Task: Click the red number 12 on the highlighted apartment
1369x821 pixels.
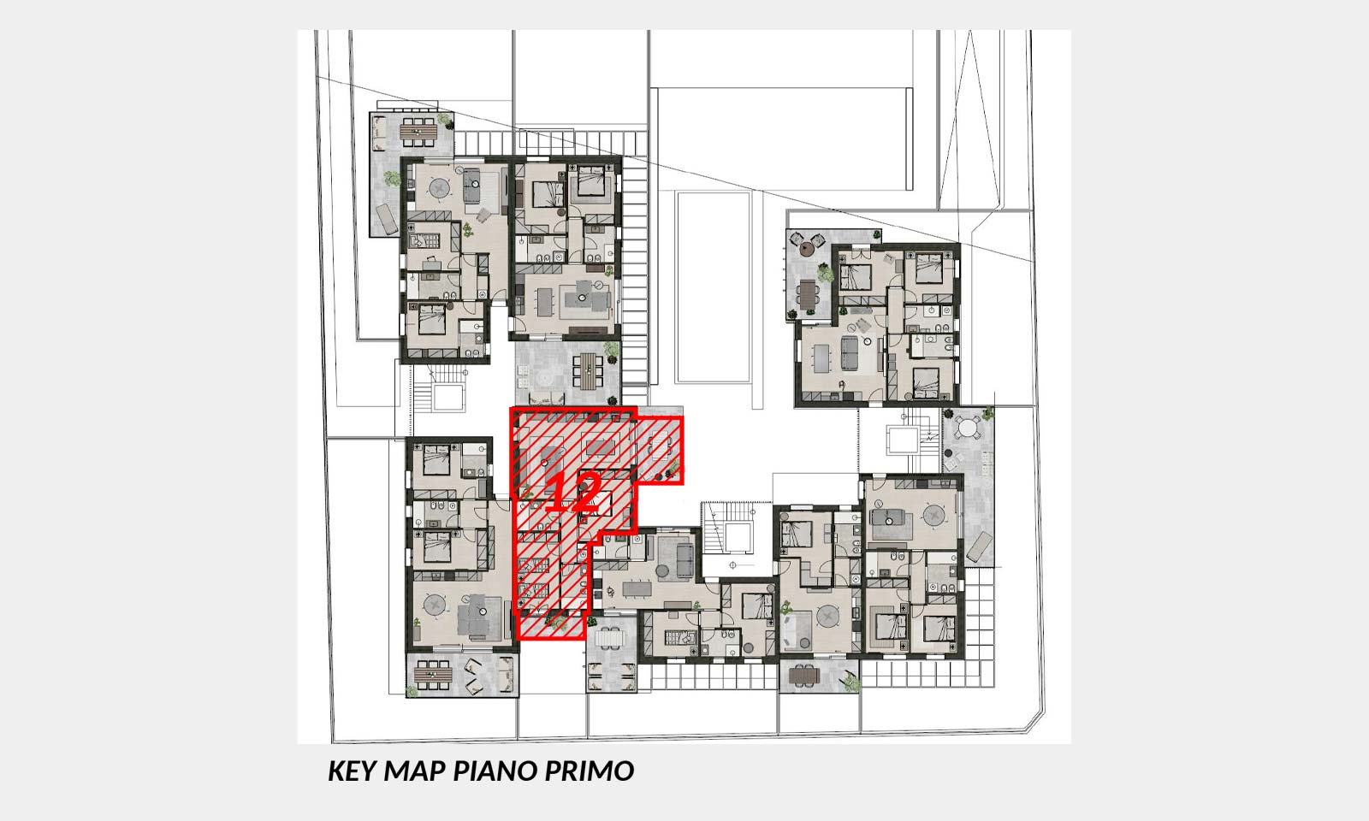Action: pos(572,492)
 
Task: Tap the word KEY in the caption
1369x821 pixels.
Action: pos(352,771)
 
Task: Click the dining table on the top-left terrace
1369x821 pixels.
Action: pos(418,132)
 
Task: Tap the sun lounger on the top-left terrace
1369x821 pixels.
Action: pos(385,217)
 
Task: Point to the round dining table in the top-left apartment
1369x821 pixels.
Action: pos(439,187)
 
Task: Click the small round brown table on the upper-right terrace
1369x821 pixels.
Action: pos(808,248)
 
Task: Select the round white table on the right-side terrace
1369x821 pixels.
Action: pos(969,428)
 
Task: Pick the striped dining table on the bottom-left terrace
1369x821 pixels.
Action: pos(433,675)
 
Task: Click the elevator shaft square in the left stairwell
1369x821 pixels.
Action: pos(448,397)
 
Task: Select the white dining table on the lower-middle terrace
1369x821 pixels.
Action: pos(610,639)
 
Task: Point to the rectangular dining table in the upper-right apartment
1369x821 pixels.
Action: pos(822,358)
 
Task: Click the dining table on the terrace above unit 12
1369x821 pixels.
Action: pos(588,371)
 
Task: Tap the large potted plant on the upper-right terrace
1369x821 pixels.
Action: pos(825,273)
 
